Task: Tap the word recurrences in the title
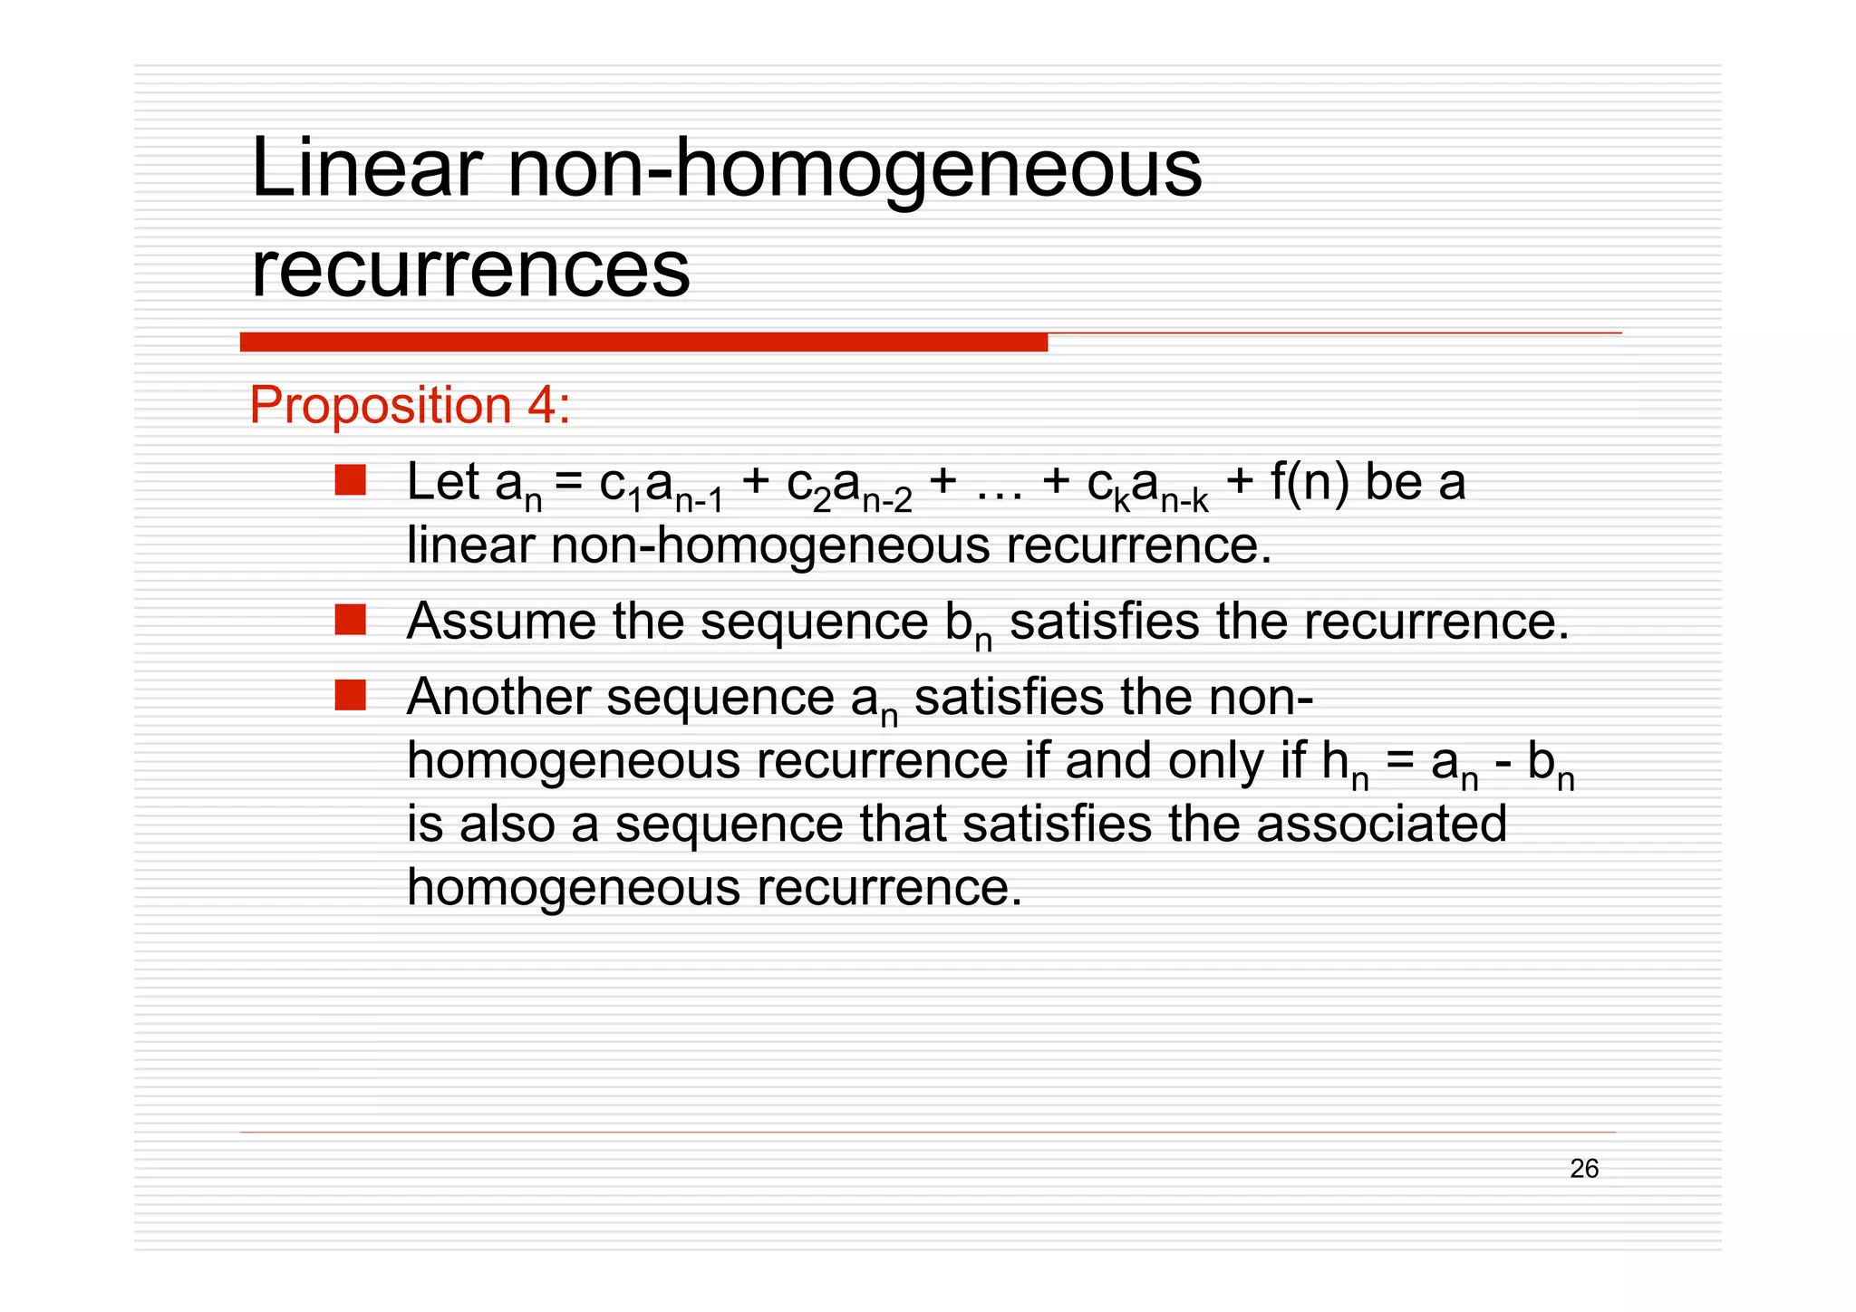pyautogui.click(x=470, y=269)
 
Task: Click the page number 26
pyautogui.click(x=1584, y=1169)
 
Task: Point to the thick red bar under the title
pyautogui.click(x=643, y=342)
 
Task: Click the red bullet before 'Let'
pyautogui.click(x=350, y=480)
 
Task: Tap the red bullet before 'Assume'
pyautogui.click(x=350, y=621)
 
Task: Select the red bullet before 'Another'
pyautogui.click(x=350, y=696)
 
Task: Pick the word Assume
pyautogui.click(x=501, y=622)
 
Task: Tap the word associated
pyautogui.click(x=1381, y=824)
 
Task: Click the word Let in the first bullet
pyautogui.click(x=442, y=481)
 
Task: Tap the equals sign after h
pyautogui.click(x=1399, y=761)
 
